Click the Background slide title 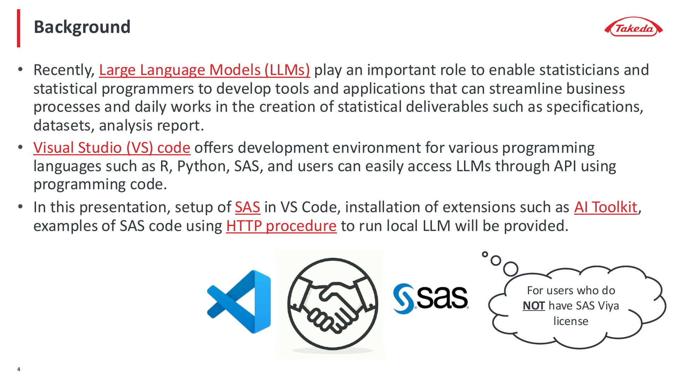(82, 27)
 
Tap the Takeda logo (634, 27)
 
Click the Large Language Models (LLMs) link (204, 70)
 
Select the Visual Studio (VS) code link (112, 148)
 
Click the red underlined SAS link (248, 207)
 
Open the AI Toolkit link (606, 207)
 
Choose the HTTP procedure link (281, 226)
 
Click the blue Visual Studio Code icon (239, 302)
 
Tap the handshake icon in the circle (332, 305)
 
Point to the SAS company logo (431, 299)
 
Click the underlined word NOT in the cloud (534, 306)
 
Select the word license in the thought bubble (571, 321)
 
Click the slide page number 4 (19, 370)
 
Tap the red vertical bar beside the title (19, 28)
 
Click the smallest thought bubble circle (485, 254)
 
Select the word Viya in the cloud (608, 306)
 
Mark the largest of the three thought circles (511, 269)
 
